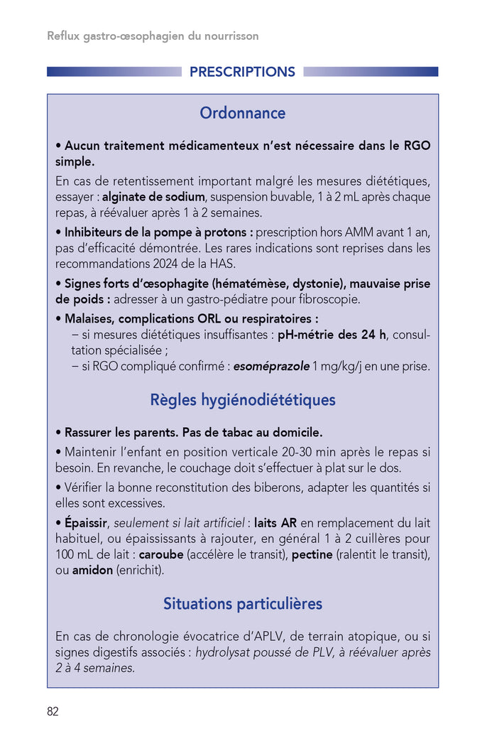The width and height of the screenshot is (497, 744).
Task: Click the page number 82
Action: point(53,712)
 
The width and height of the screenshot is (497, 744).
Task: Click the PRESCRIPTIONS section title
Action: point(242,72)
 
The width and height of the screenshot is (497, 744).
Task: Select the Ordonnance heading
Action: point(242,113)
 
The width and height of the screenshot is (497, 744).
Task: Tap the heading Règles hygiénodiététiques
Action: point(242,400)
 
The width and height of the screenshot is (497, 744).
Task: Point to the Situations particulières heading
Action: point(242,604)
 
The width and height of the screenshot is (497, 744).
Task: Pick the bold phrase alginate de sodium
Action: point(154,197)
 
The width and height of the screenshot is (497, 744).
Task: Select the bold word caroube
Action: point(161,554)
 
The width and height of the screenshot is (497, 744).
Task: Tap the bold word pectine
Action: point(312,554)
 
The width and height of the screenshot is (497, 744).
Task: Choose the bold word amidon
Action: point(92,570)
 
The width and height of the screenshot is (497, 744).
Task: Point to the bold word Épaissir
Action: point(85,522)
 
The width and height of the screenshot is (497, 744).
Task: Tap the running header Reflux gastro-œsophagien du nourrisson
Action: point(153,36)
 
